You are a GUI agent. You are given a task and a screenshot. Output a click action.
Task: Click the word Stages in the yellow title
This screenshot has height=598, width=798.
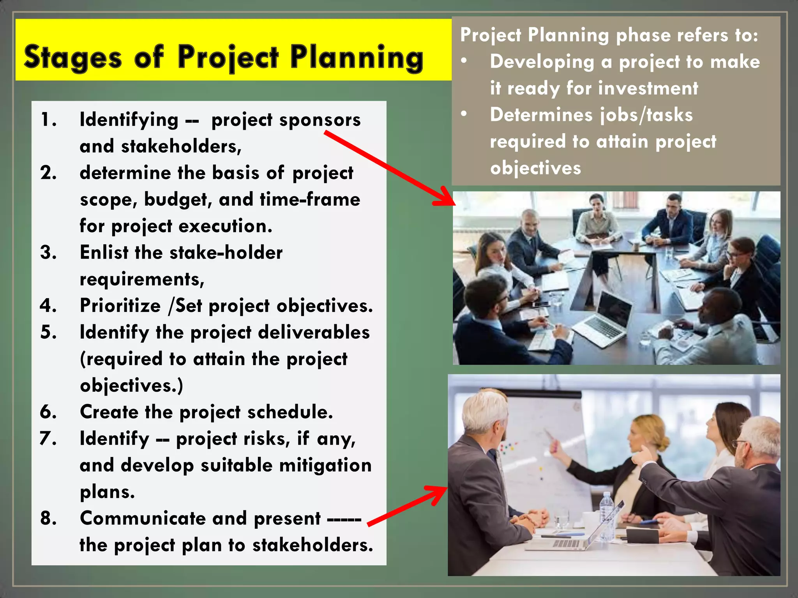tap(73, 58)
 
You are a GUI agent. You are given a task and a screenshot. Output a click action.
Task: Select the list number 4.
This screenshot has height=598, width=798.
tap(48, 305)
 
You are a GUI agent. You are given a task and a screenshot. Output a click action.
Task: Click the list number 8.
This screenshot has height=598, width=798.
tap(48, 518)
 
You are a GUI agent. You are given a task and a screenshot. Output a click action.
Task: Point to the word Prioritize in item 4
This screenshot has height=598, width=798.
tap(120, 306)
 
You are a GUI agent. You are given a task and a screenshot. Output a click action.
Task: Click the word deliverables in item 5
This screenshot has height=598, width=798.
tap(314, 332)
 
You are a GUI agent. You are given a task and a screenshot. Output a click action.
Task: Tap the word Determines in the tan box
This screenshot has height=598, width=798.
tap(541, 115)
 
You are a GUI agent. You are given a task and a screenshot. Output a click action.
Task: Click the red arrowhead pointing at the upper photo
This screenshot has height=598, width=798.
tap(446, 199)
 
